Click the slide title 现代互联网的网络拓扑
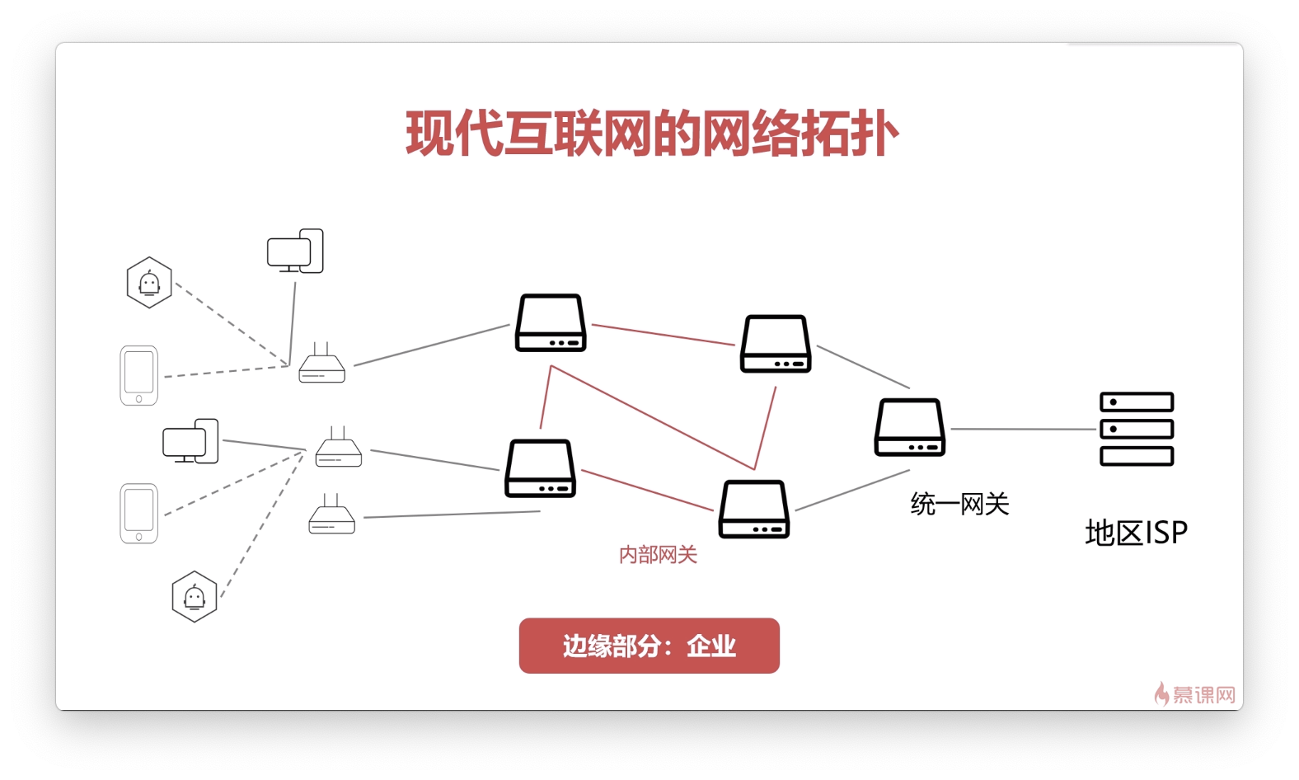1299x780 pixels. [651, 134]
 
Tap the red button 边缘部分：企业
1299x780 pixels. [649, 646]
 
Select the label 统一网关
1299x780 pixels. [959, 504]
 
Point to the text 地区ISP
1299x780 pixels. [1136, 533]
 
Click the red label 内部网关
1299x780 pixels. [658, 555]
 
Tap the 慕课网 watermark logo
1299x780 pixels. [1195, 694]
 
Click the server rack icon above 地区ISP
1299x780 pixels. [1136, 429]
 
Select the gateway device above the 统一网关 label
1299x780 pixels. [909, 427]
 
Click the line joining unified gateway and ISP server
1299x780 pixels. [1022, 429]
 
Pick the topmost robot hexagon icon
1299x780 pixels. [149, 283]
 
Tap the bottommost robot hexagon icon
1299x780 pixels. [195, 596]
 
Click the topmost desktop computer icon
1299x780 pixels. [295, 251]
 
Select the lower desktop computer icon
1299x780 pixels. [190, 441]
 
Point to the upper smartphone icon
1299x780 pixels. [138, 375]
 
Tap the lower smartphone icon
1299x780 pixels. [138, 513]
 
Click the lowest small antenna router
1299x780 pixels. [331, 515]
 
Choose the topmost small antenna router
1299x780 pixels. [321, 364]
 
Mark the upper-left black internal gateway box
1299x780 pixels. [551, 323]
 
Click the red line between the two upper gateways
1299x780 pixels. [663, 334]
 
